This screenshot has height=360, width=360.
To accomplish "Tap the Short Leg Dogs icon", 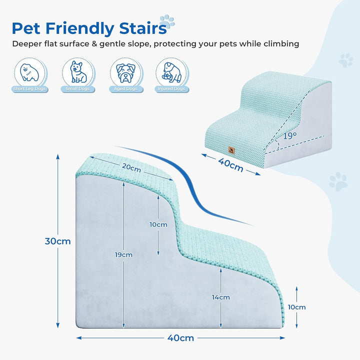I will tap(28, 72).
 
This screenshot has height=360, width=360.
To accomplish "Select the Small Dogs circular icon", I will tap(76, 72).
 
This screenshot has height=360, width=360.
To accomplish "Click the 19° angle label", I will tap(289, 135).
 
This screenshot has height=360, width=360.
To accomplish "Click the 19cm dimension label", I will tap(123, 254).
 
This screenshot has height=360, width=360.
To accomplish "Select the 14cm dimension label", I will tap(220, 297).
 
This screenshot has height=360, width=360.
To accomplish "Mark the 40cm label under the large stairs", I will tap(180, 338).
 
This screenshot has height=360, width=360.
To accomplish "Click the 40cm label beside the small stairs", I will tap(230, 164).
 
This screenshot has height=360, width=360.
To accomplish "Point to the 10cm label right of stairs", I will tap(296, 307).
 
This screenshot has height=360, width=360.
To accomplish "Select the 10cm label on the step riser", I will tap(158, 224).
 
